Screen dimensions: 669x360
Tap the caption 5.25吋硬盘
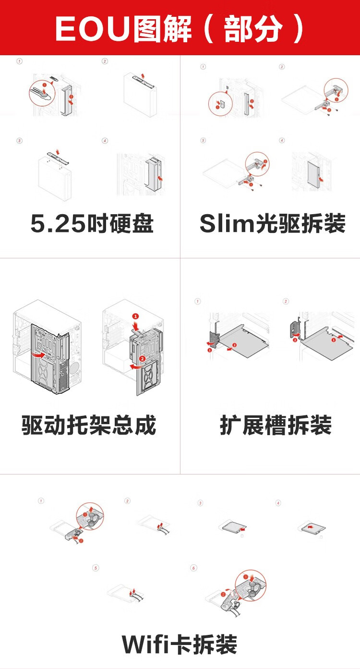tap(92, 223)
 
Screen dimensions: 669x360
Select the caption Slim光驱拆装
tap(273, 223)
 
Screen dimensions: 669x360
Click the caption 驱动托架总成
tap(89, 426)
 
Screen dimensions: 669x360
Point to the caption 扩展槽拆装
tap(276, 426)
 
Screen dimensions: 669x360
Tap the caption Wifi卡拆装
tap(180, 644)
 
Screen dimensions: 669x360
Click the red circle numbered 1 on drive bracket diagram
tap(135, 316)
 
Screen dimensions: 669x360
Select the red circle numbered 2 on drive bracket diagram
tap(142, 359)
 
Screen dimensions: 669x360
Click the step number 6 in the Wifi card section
tap(194, 568)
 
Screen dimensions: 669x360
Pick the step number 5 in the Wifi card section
tap(96, 568)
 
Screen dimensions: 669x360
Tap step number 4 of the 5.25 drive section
tap(105, 141)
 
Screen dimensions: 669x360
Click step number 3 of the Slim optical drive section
tap(203, 141)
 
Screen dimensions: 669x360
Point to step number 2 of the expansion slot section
tap(286, 301)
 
